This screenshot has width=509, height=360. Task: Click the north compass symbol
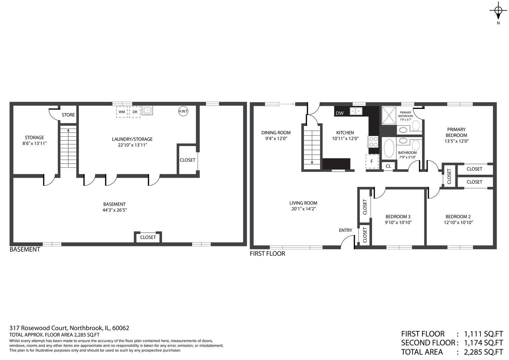498,11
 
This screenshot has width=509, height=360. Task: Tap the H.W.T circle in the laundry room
183,111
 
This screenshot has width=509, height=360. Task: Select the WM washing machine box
122,112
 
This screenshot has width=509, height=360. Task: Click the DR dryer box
135,112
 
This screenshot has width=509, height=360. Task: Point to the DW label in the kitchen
340,113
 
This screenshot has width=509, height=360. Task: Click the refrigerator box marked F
372,161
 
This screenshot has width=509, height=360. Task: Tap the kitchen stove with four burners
373,142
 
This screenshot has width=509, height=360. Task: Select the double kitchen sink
356,111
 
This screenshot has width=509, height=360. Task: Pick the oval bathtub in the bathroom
389,148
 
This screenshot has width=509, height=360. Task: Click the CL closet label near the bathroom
388,166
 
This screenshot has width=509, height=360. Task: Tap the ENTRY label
345,230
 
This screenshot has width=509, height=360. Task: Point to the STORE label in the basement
68,115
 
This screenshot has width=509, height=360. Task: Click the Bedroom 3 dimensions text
398,222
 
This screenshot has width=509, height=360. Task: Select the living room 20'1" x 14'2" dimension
303,209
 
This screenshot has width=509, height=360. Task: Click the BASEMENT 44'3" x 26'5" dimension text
114,210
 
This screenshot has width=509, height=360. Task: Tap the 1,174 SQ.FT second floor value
483,343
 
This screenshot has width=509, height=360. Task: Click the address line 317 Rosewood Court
69,328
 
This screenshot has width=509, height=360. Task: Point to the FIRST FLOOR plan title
267,254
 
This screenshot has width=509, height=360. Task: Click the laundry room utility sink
147,110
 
